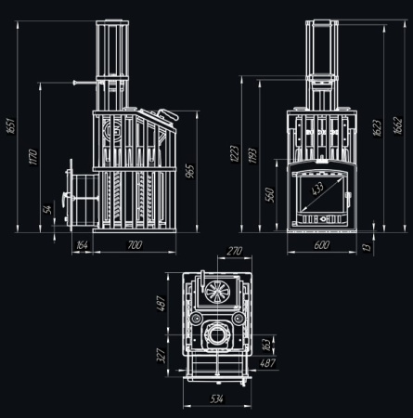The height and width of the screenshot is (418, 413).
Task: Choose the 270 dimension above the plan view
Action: pos(234,252)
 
